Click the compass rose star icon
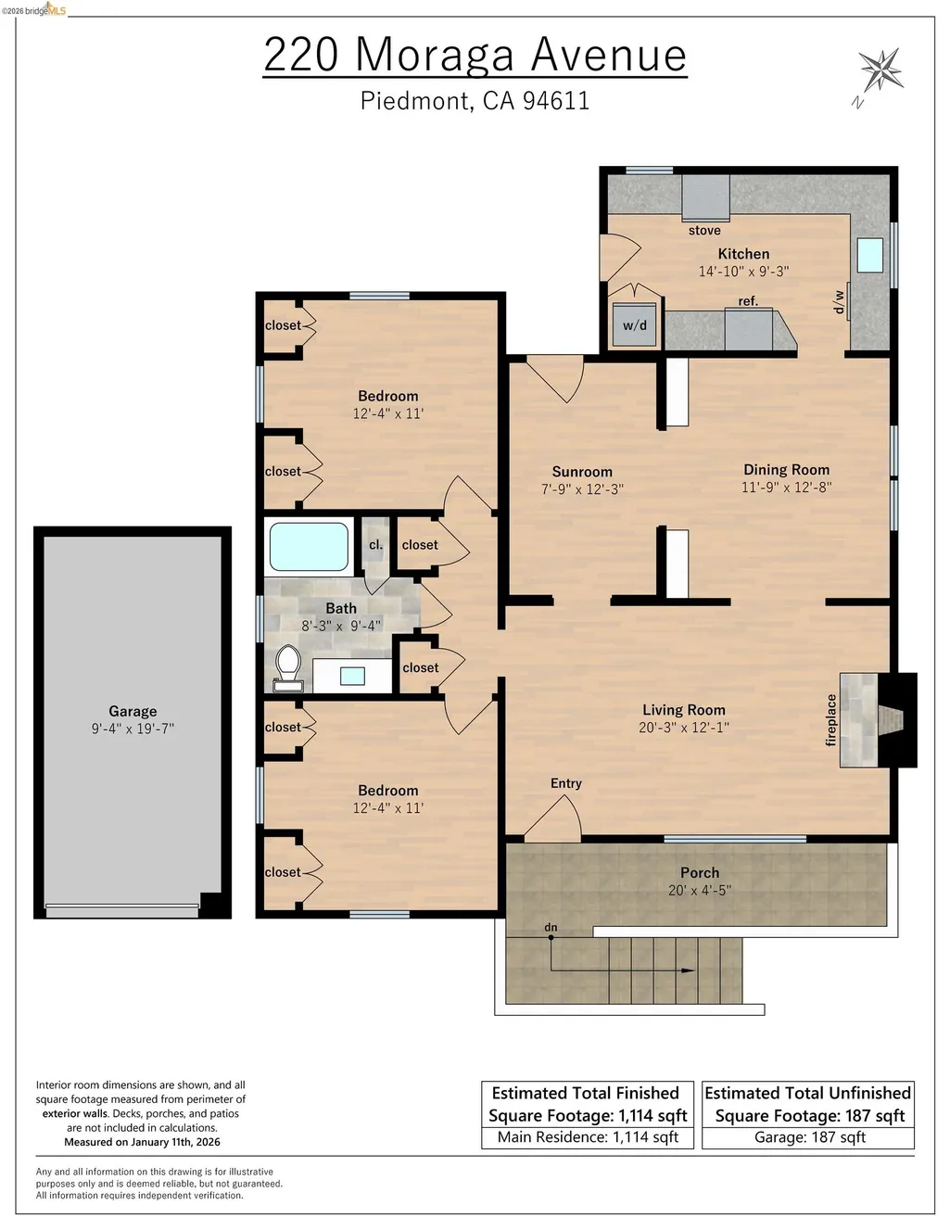click(x=880, y=70)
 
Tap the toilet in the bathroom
click(x=288, y=668)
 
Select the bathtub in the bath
click(x=309, y=546)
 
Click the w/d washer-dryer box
click(x=634, y=325)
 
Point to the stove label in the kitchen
click(x=704, y=231)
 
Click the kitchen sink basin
click(x=869, y=255)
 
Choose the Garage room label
click(x=133, y=712)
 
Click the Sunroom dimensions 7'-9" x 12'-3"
click(x=582, y=489)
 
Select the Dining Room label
click(x=787, y=470)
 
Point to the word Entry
click(x=565, y=783)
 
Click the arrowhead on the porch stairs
click(x=688, y=970)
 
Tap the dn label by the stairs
click(x=551, y=927)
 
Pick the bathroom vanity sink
click(x=352, y=676)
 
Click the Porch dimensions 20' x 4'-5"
click(x=700, y=891)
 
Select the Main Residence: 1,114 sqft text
click(x=588, y=1137)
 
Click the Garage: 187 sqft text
click(x=810, y=1137)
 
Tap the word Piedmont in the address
click(x=414, y=101)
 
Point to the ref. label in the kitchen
click(x=748, y=301)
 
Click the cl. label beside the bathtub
click(x=375, y=545)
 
